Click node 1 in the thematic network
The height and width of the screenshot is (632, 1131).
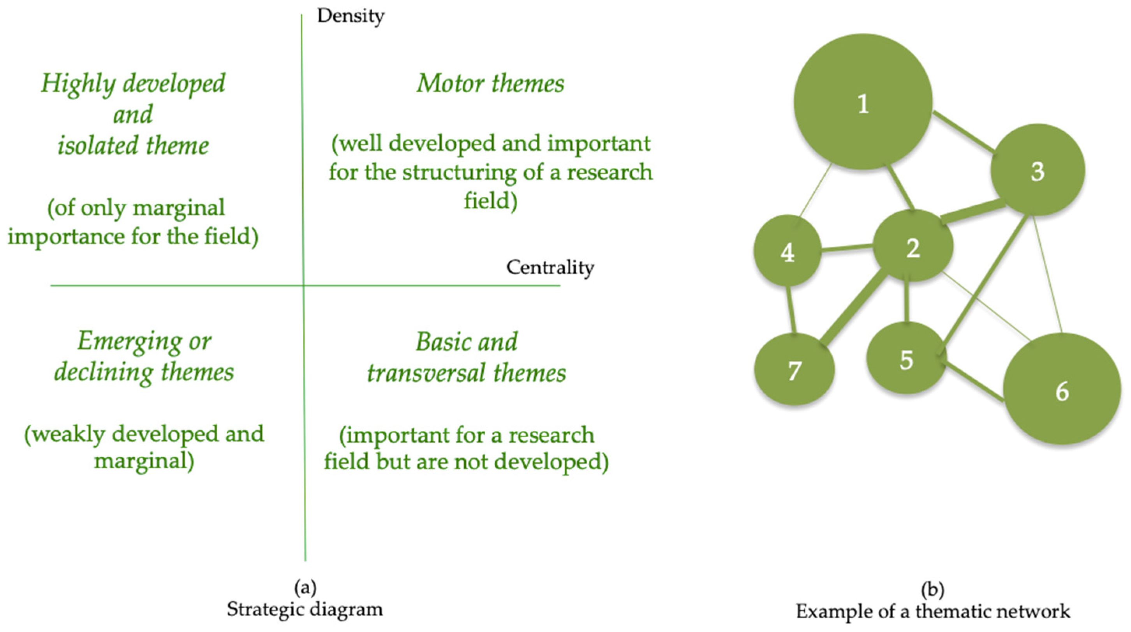click(x=863, y=102)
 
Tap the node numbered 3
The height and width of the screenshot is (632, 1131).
click(x=1038, y=170)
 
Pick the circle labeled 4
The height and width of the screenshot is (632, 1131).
click(x=787, y=251)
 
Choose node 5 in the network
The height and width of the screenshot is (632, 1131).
click(x=907, y=358)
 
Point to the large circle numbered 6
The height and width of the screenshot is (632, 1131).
click(x=1062, y=389)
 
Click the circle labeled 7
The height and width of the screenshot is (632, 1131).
click(x=794, y=369)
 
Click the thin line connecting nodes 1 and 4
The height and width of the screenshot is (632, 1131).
click(x=815, y=190)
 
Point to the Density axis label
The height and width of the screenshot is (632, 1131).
click(x=351, y=17)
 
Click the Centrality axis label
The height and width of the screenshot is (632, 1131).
click(x=550, y=267)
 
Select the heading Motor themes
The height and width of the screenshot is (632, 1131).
click(x=490, y=83)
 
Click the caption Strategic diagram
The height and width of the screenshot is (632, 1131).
click(x=305, y=609)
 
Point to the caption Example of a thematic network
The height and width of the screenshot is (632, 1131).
click(x=933, y=611)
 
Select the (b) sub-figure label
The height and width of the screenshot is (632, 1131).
click(x=932, y=590)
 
